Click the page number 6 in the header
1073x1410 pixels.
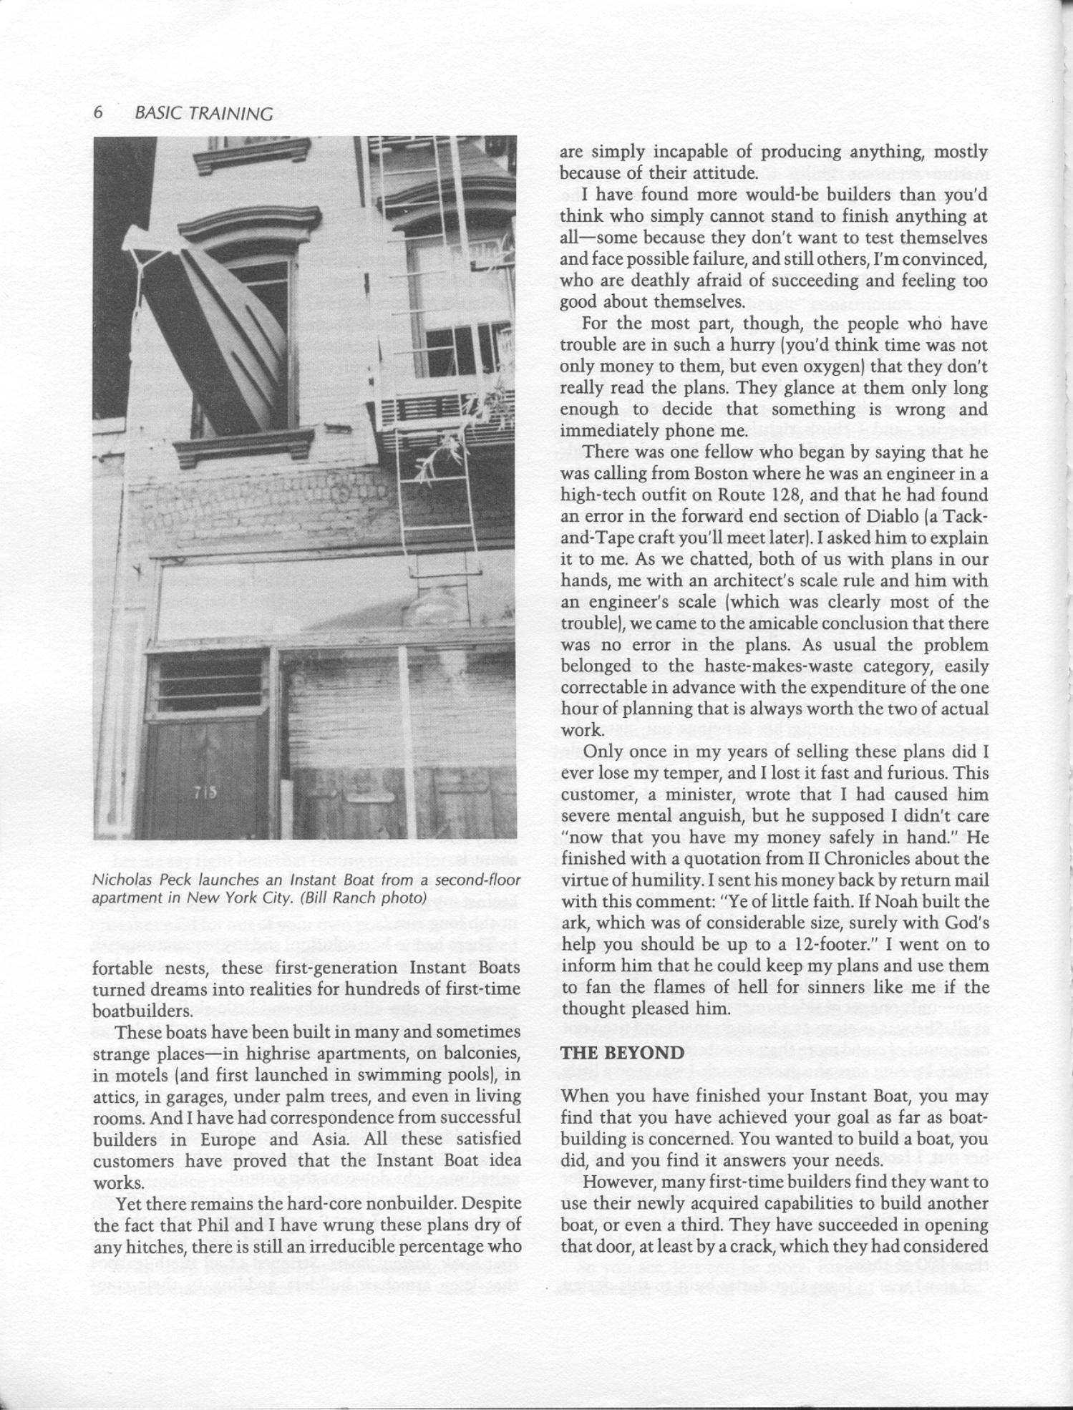(x=99, y=113)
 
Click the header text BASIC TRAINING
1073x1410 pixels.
(x=203, y=114)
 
